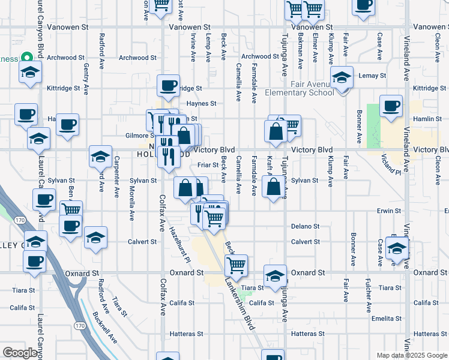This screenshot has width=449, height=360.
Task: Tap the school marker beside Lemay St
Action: coord(342,77)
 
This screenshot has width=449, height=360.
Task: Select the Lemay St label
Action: coord(372,76)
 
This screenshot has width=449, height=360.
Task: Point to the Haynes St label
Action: coord(205,103)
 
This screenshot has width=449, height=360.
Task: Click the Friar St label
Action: coord(206,165)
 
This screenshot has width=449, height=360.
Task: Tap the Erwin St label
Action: coord(389,211)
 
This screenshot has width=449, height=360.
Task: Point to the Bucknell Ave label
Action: coord(105,329)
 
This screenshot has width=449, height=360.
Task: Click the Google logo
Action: coord(21,353)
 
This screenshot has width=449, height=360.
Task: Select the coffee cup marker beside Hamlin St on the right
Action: coord(391,106)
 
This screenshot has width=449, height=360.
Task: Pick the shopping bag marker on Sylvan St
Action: coord(274,187)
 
